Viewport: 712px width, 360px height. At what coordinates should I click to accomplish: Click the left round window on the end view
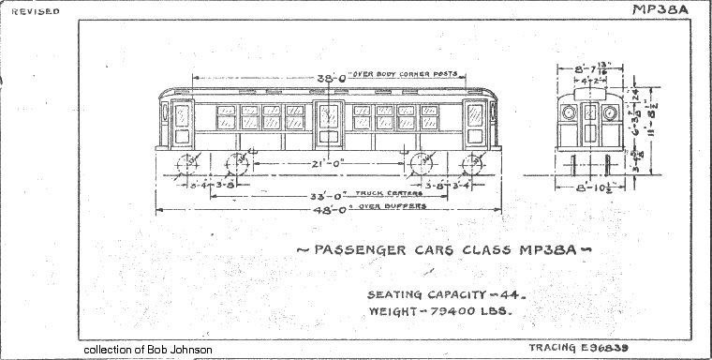pyautogui.click(x=568, y=113)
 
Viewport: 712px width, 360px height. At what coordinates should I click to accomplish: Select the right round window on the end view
pyautogui.click(x=610, y=113)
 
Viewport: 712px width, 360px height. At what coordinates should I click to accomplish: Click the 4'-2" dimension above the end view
pyautogui.click(x=588, y=81)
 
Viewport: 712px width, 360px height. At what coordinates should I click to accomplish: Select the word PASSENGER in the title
pyautogui.click(x=351, y=250)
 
